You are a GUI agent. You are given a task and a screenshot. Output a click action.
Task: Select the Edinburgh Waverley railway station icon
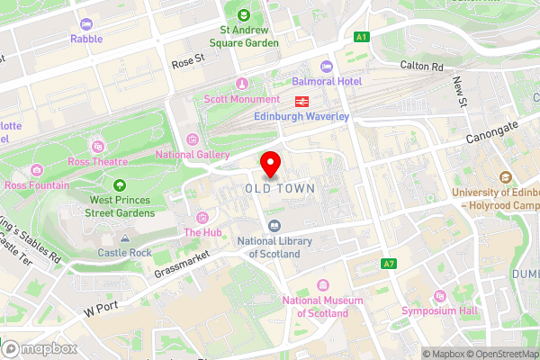coord(301,101)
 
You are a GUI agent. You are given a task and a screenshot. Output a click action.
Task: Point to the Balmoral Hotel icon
coord(325,67)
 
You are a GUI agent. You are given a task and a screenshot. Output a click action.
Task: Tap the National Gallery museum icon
coord(192,139)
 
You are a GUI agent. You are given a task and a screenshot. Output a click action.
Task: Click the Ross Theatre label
coord(97,162)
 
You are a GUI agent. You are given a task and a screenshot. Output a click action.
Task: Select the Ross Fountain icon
coord(36,169)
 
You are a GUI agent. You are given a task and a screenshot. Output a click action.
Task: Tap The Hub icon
coord(202,217)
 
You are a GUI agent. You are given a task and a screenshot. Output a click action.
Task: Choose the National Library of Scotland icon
coord(274,226)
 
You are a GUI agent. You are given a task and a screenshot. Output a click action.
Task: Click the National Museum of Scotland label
coord(315,307)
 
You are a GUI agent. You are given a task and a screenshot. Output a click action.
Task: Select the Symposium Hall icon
coord(439,296)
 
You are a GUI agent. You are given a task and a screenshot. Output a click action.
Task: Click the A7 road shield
coord(389,264)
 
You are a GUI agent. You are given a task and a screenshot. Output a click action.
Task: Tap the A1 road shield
coord(361,37)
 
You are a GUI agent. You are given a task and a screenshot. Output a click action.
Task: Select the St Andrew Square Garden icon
coord(244,14)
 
